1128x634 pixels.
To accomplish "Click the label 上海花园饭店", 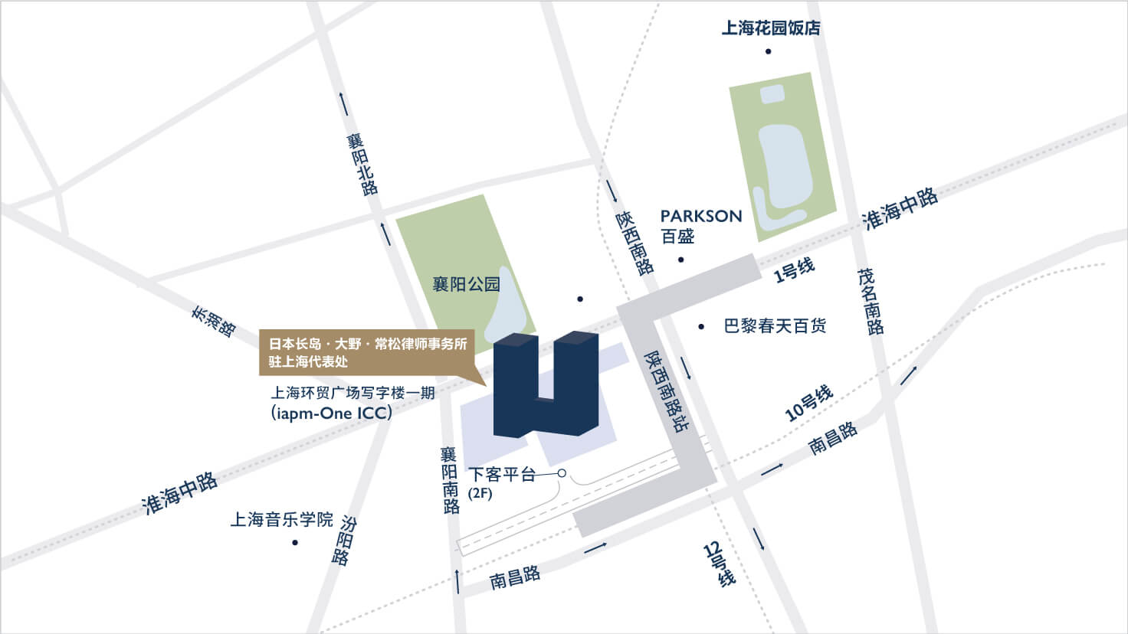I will pos(770,28).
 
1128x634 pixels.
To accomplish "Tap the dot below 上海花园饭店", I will pos(768,52).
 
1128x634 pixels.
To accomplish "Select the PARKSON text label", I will pos(701,217).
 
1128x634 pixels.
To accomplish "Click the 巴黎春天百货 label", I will pos(775,326).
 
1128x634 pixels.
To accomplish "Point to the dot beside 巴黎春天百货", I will pos(701,327).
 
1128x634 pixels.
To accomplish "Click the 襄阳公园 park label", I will pos(466,285).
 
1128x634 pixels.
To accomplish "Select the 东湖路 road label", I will pos(213,322).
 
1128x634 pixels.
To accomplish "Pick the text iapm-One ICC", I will pos(332,413).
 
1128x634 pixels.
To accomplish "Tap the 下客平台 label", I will pos(502,475).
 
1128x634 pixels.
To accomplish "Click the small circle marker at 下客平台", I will pos(562,473).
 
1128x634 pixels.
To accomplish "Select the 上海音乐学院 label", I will pos(282,520).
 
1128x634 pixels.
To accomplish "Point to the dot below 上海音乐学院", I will pos(295,543).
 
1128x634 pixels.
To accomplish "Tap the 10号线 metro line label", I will pos(809,404).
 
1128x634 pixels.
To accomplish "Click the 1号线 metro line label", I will pos(794,270).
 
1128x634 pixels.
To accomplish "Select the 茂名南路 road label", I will pos(871,301).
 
